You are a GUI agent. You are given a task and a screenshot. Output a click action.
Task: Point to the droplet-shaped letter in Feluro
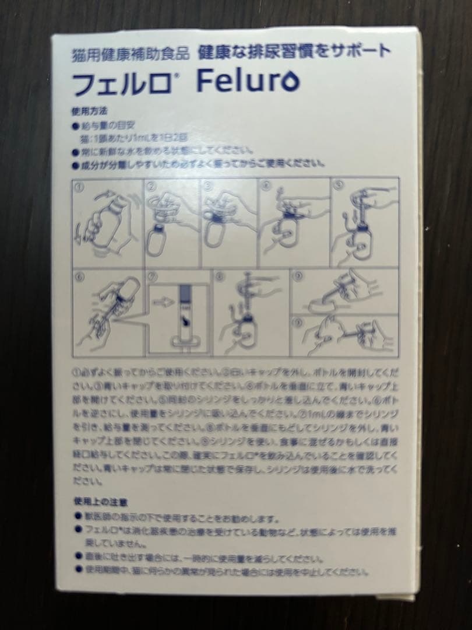pos(290,83)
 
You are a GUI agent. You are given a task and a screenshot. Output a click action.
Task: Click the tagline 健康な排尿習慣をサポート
pos(294,51)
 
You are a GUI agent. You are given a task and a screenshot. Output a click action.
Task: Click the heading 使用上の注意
pos(97,501)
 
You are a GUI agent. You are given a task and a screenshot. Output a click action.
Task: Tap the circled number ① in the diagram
pos(79,187)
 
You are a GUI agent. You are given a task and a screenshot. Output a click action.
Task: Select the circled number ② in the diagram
pos(150,187)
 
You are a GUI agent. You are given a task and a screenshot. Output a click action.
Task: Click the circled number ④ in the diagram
pos(266,187)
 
